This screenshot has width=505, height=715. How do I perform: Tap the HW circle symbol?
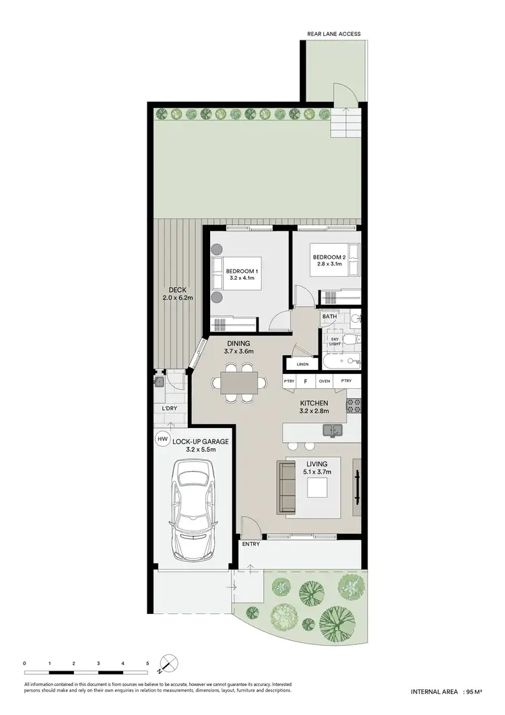[x=162, y=439]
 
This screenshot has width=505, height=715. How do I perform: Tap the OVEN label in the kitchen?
[x=325, y=381]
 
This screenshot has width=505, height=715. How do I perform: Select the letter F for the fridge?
[x=306, y=381]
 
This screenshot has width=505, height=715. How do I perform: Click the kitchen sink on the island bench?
[x=332, y=430]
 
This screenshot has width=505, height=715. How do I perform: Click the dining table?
[x=234, y=383]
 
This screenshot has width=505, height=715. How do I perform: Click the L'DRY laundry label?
[x=168, y=408]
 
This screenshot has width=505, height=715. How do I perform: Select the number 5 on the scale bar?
[x=147, y=664]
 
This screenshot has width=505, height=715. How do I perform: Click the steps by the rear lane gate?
[x=345, y=123]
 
